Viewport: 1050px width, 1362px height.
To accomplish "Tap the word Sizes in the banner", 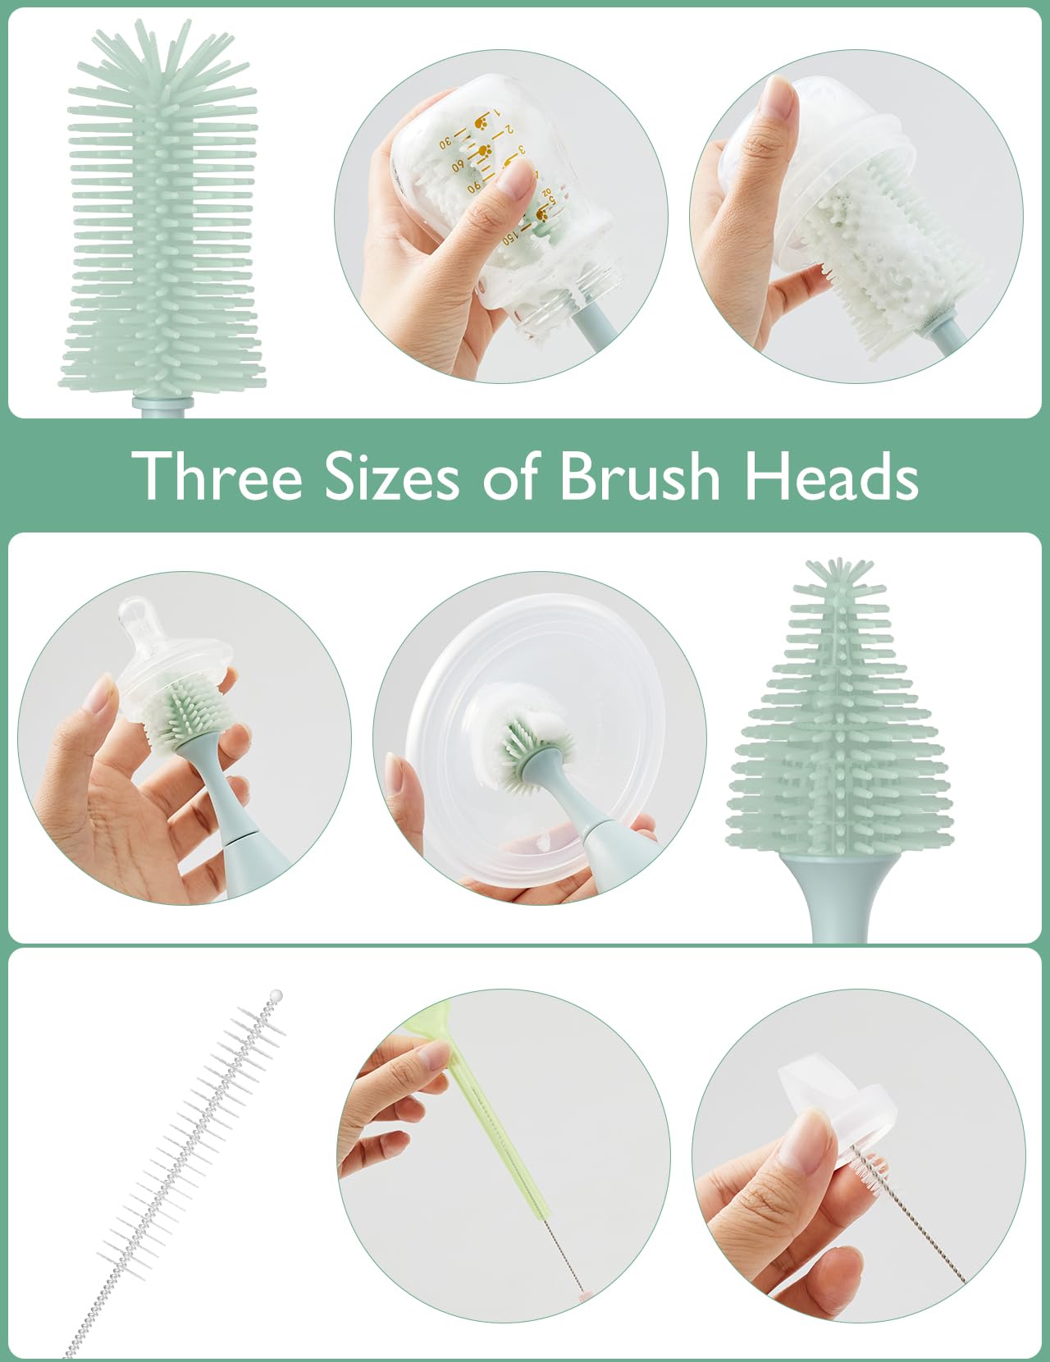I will [391, 476].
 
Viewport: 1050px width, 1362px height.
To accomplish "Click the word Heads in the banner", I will [830, 476].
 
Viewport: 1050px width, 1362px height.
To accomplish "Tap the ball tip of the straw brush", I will [276, 995].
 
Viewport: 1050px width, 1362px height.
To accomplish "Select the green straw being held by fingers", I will [492, 1132].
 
